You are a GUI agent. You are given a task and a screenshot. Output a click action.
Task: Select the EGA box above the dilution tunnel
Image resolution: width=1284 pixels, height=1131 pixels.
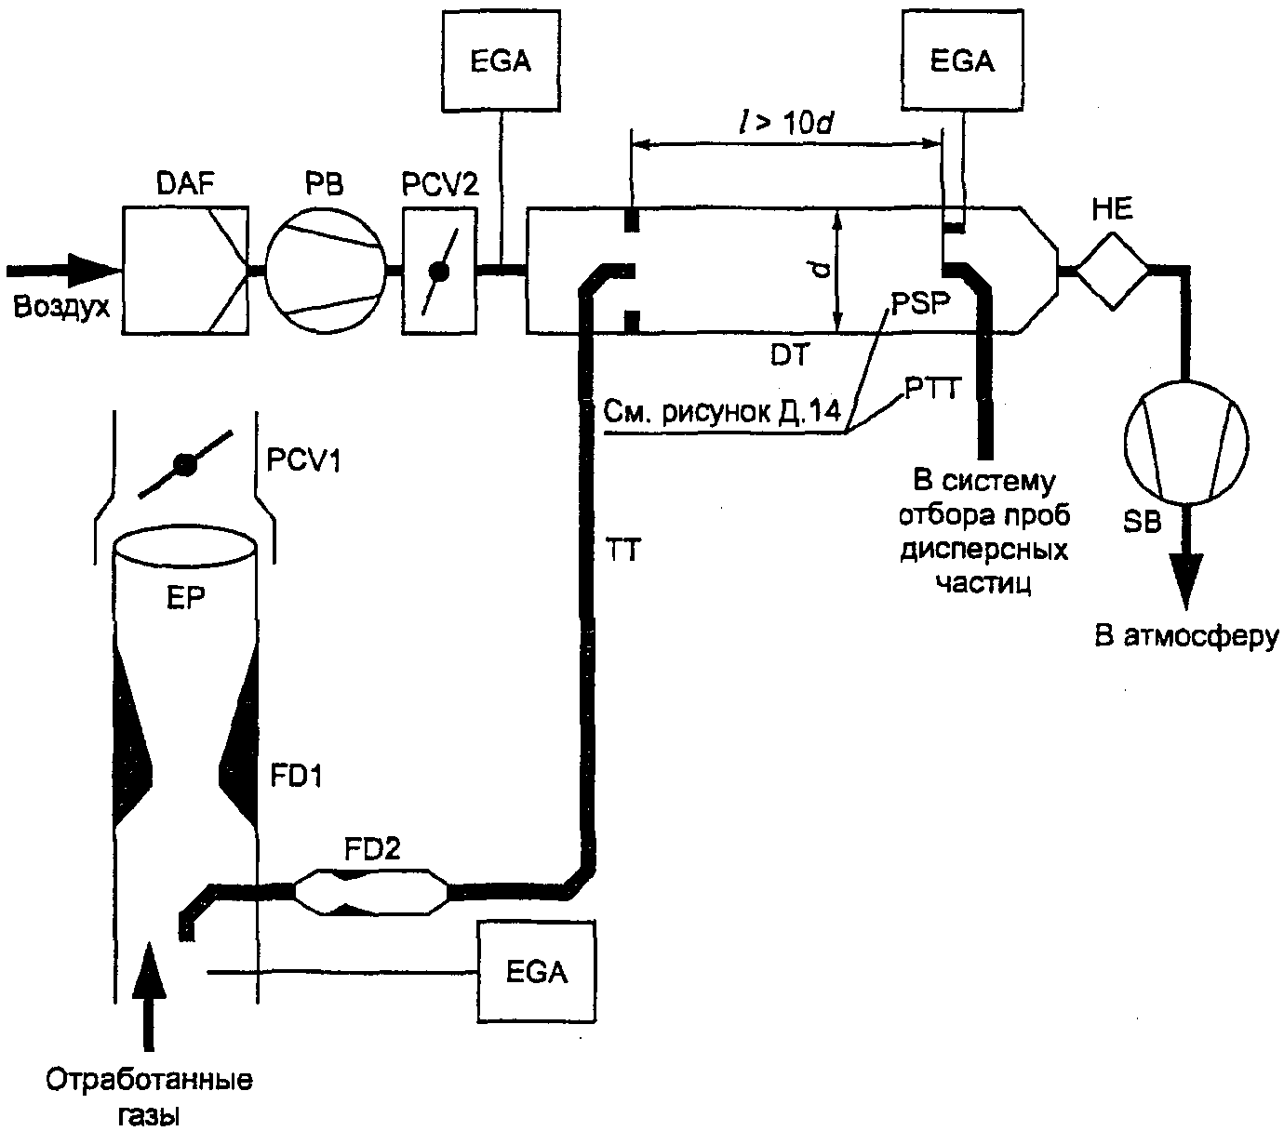click(962, 62)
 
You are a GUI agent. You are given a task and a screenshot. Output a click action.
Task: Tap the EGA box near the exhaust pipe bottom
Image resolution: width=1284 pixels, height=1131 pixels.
click(537, 972)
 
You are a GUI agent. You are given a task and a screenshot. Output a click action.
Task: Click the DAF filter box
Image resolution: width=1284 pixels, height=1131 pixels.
click(185, 270)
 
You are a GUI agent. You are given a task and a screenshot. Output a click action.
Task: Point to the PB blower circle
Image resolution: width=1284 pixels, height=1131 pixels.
click(326, 270)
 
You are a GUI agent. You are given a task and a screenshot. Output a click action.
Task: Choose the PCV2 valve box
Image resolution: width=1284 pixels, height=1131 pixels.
click(438, 270)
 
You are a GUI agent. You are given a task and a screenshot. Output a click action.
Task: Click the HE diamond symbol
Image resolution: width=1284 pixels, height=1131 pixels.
click(1113, 270)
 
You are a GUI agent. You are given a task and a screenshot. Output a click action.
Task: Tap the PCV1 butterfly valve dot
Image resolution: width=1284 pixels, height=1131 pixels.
click(184, 465)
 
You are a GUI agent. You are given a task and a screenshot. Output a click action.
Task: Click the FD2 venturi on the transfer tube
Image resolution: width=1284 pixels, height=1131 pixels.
click(371, 893)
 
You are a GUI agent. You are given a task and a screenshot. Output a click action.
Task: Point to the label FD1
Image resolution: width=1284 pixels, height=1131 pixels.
click(296, 775)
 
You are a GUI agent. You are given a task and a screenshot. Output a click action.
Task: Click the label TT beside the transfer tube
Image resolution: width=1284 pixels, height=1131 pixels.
click(621, 552)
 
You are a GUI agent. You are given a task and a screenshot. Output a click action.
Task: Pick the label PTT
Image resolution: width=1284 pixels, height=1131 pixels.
click(930, 386)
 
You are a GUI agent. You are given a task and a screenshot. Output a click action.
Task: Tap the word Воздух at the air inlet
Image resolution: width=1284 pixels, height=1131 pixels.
click(60, 306)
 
